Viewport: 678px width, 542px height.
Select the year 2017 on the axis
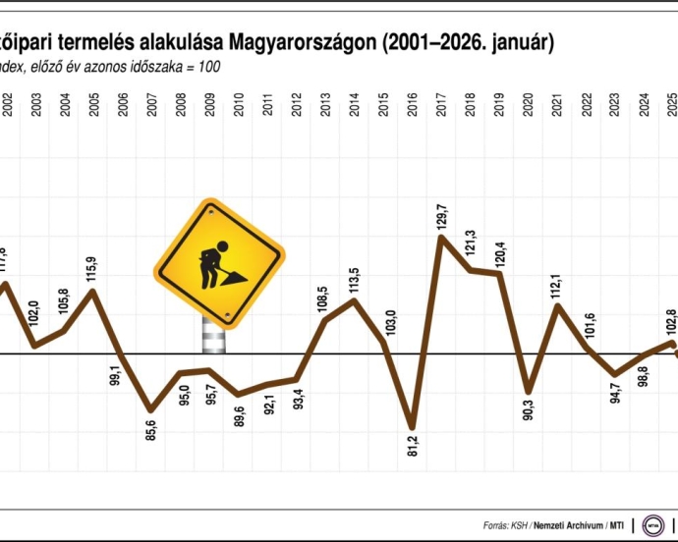[441, 106]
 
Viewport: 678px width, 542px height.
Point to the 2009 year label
[209, 106]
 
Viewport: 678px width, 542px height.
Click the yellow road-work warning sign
[218, 262]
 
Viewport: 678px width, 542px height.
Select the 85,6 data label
[151, 428]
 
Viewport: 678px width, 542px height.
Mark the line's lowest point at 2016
[412, 427]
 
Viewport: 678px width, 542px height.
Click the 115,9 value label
[91, 269]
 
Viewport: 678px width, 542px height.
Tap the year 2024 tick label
[645, 106]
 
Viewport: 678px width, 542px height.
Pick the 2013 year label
[325, 106]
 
